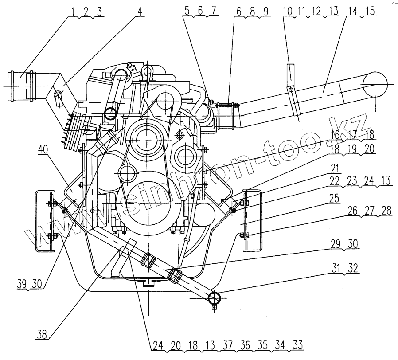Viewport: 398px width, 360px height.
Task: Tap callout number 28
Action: (x=386, y=211)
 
